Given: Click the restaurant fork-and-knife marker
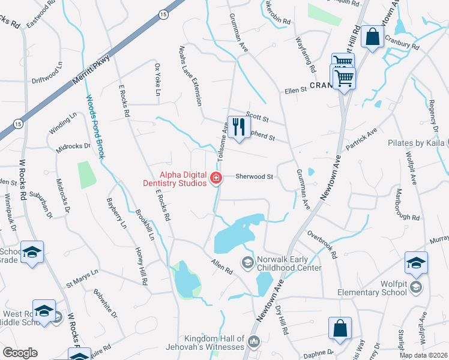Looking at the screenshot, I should click(239, 126).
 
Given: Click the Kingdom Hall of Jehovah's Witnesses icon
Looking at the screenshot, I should click(253, 342).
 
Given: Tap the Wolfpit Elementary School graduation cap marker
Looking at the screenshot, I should click(415, 263).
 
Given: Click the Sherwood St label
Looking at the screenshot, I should click(254, 177).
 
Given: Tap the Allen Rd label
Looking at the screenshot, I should click(221, 267).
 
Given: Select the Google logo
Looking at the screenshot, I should click(20, 353).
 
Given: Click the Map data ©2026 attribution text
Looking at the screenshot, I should click(423, 355).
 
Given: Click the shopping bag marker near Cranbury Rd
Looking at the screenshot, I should click(373, 37).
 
